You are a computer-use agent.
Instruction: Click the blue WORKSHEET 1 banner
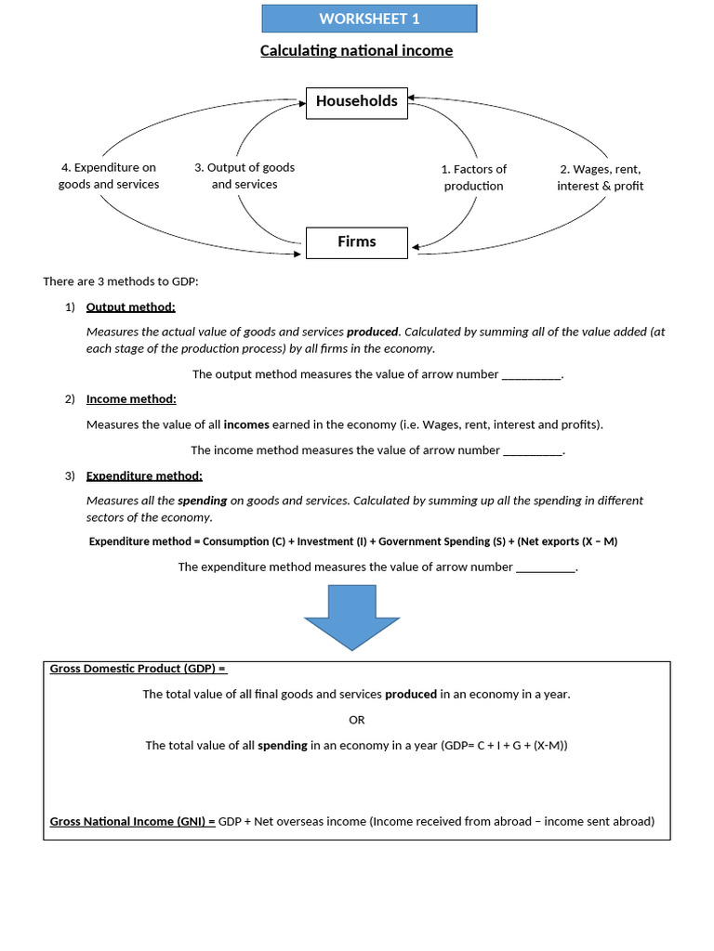pos(369,19)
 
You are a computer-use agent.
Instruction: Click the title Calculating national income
pos(356,50)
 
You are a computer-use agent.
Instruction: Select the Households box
pos(356,101)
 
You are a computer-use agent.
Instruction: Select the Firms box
pos(357,241)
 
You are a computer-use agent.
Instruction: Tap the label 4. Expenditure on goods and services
pos(109,176)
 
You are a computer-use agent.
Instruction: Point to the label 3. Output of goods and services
pos(245,176)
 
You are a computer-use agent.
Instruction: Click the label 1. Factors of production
pos(473,177)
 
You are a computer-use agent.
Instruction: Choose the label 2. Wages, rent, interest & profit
pos(600,177)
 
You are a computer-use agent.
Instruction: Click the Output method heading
pos(130,306)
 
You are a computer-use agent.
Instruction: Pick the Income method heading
pos(131,398)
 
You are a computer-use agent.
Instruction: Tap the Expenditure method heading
pos(144,475)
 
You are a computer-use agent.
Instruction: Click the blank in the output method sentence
pos(532,375)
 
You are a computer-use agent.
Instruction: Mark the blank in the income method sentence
pos(532,450)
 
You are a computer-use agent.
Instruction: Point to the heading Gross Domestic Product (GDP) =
pos(138,669)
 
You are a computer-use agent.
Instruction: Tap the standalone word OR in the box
pos(357,720)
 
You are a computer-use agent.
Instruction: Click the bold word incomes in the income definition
pos(246,424)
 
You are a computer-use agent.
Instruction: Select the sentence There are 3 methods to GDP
pos(121,281)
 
